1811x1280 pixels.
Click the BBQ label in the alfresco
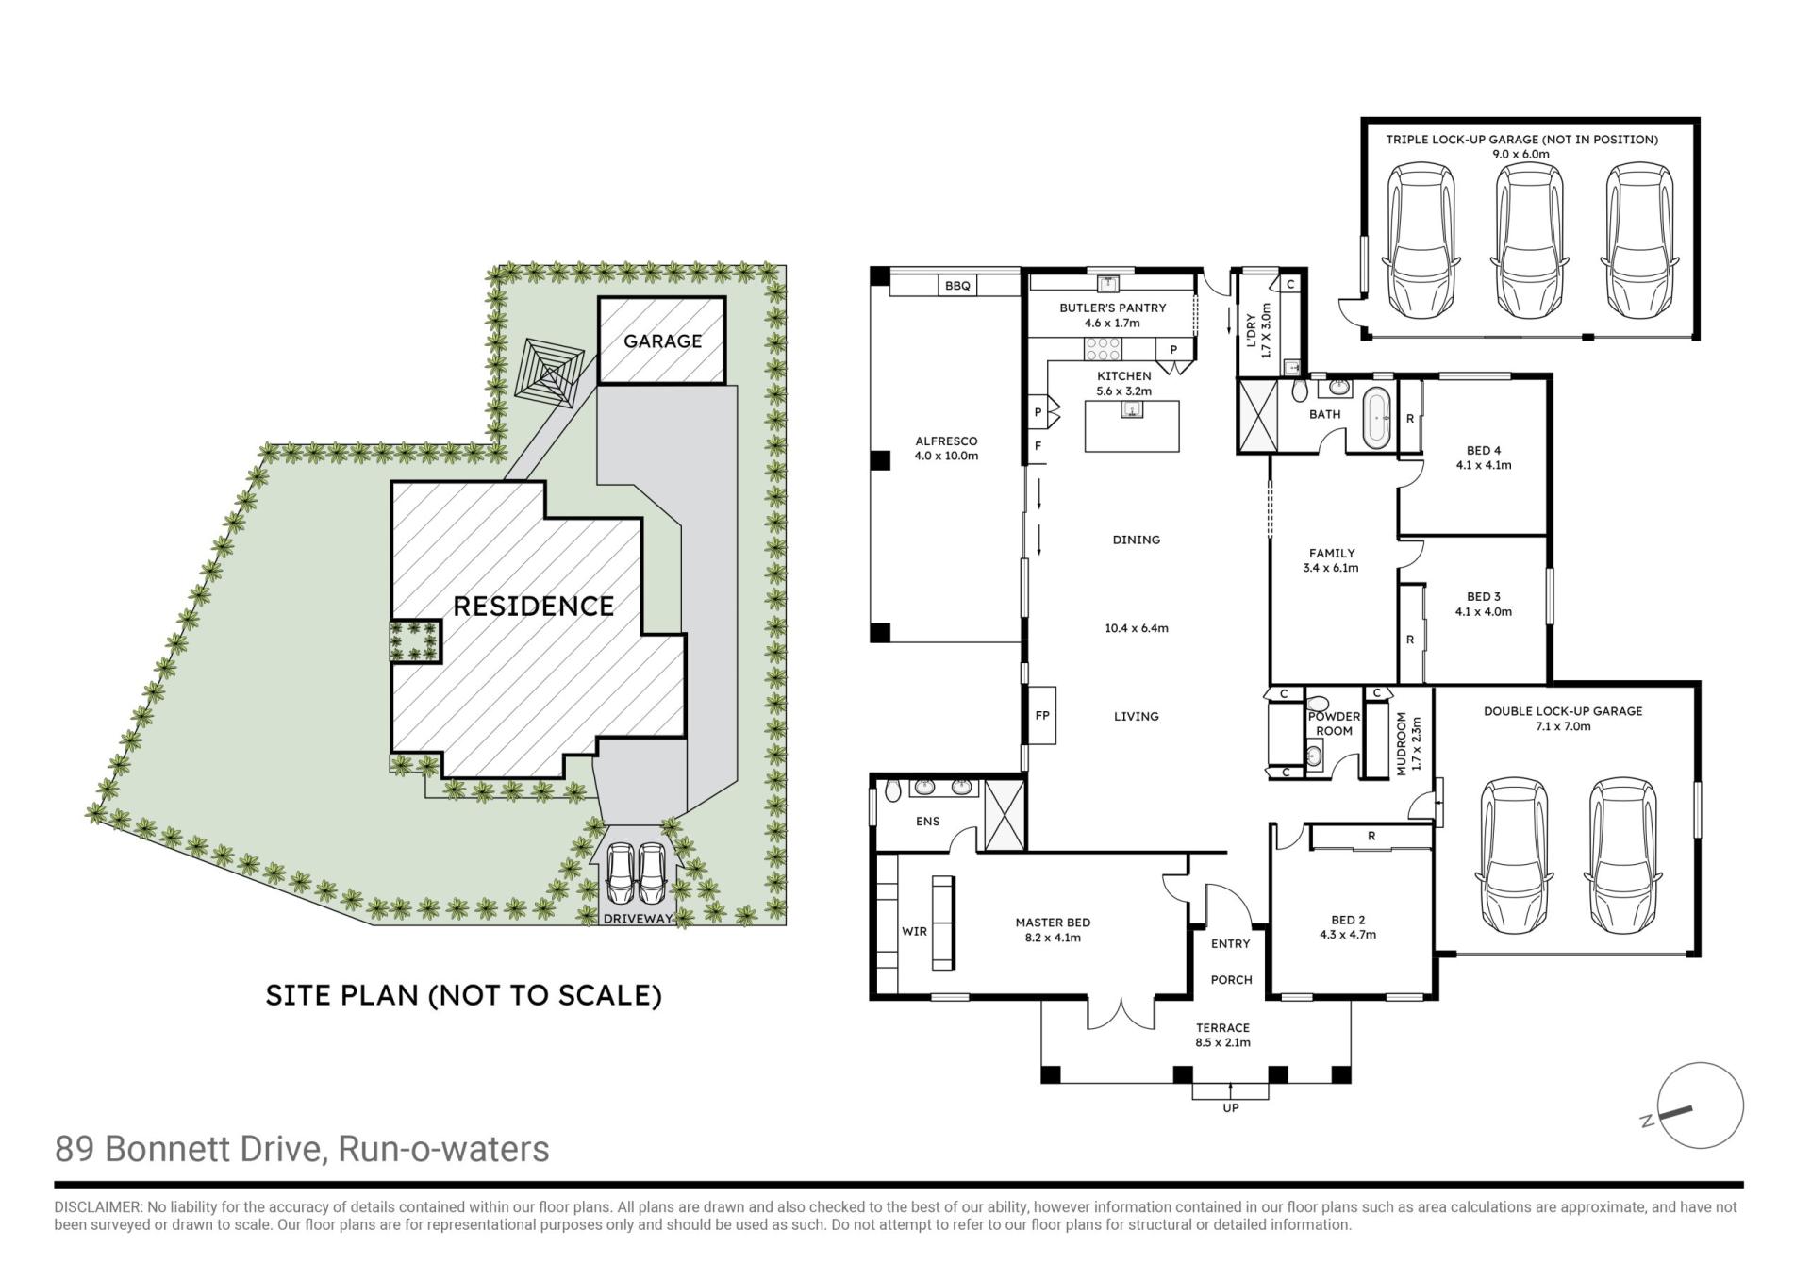coord(957,286)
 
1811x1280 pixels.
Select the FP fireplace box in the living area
coord(1041,715)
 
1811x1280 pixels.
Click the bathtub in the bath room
coord(1378,417)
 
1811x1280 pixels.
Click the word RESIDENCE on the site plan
coord(533,606)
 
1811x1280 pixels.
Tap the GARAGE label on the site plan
coord(662,341)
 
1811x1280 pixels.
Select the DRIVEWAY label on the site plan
coord(639,918)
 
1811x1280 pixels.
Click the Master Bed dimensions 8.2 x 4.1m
coord(1053,938)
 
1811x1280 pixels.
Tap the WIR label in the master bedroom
coord(914,931)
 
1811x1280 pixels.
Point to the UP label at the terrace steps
coord(1230,1108)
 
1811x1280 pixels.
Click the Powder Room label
coord(1334,723)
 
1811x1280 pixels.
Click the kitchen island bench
coord(1132,426)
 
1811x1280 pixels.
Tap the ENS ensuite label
coord(927,821)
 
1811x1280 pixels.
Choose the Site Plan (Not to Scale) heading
coord(463,995)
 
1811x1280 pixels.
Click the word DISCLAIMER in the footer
coord(97,1207)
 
